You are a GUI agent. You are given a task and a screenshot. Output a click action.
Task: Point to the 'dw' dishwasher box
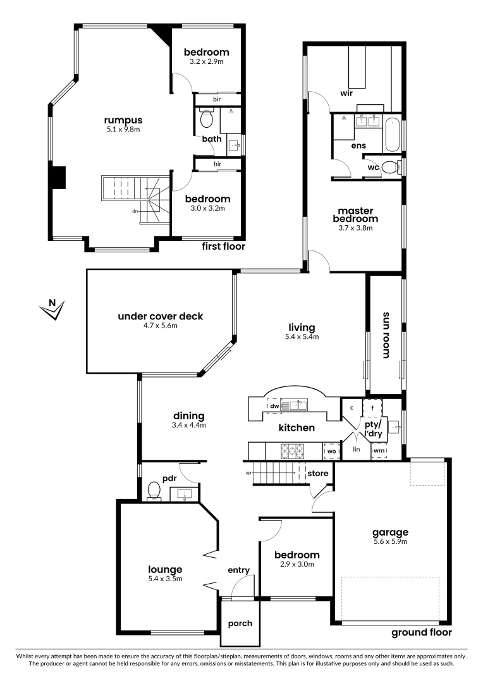click(x=274, y=406)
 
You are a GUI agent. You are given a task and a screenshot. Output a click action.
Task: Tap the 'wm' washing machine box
click(x=379, y=451)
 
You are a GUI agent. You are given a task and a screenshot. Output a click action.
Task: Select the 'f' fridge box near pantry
click(x=374, y=408)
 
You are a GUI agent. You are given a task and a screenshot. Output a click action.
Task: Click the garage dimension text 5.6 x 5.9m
click(x=390, y=541)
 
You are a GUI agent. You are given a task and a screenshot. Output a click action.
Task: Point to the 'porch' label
click(x=240, y=624)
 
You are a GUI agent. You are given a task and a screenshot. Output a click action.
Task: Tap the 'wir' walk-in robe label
click(x=346, y=92)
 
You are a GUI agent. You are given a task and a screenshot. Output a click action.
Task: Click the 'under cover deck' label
click(x=161, y=316)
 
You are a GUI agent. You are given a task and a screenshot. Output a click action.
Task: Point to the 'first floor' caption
click(x=223, y=247)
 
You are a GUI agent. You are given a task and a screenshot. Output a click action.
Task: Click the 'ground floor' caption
click(x=422, y=632)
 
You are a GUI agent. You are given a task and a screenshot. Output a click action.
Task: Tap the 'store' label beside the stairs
click(x=317, y=473)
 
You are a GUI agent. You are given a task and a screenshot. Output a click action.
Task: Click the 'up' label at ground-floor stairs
click(x=248, y=473)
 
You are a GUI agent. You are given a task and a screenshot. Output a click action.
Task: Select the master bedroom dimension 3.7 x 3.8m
click(x=355, y=228)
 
